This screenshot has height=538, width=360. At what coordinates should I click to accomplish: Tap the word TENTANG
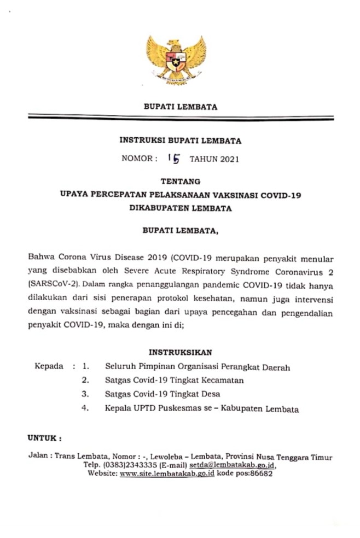pos(180,181)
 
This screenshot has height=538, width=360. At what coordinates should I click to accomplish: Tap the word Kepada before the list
pos(49,366)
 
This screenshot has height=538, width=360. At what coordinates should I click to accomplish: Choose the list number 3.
pos(85,394)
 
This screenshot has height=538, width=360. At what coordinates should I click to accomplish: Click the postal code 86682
pos(260,473)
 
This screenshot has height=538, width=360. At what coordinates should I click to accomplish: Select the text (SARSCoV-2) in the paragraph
pos(50,285)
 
